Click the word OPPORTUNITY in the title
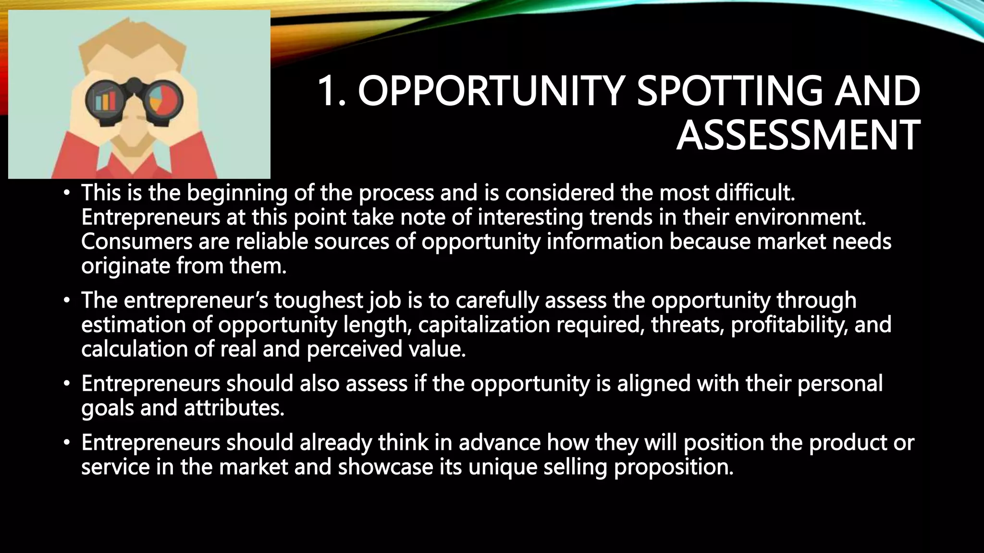click(x=491, y=91)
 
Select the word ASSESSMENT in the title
click(x=798, y=135)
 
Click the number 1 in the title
click(x=328, y=91)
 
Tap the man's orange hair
click(x=132, y=41)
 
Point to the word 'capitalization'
click(x=484, y=325)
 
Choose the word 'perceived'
click(x=354, y=349)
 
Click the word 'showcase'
click(x=385, y=467)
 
